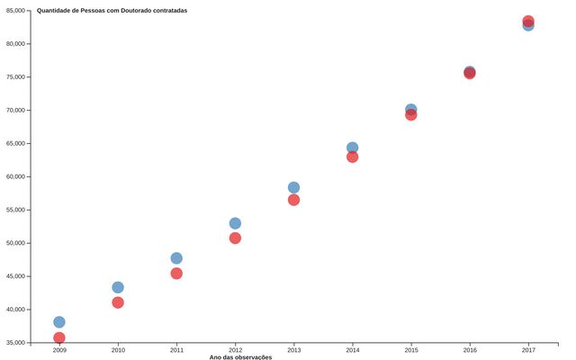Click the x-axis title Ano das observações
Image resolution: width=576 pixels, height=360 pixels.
(240, 357)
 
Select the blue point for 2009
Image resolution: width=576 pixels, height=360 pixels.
(59, 322)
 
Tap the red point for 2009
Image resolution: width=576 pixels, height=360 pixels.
(59, 338)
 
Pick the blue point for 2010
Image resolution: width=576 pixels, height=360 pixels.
(118, 288)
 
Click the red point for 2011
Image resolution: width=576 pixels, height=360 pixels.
(176, 274)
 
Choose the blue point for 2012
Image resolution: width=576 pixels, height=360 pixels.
(235, 223)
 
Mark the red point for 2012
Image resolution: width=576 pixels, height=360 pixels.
(235, 238)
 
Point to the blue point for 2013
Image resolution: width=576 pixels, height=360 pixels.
(293, 188)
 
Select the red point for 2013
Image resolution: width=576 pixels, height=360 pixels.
(293, 200)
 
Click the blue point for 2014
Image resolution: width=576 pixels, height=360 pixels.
(352, 148)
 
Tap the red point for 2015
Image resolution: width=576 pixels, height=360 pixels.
(410, 115)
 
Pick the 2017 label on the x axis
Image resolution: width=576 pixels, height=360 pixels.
(528, 350)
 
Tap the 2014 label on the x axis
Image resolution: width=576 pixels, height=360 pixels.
(352, 350)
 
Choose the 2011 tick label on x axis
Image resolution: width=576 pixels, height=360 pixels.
(176, 350)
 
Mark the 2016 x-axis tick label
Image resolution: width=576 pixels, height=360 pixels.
(470, 350)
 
